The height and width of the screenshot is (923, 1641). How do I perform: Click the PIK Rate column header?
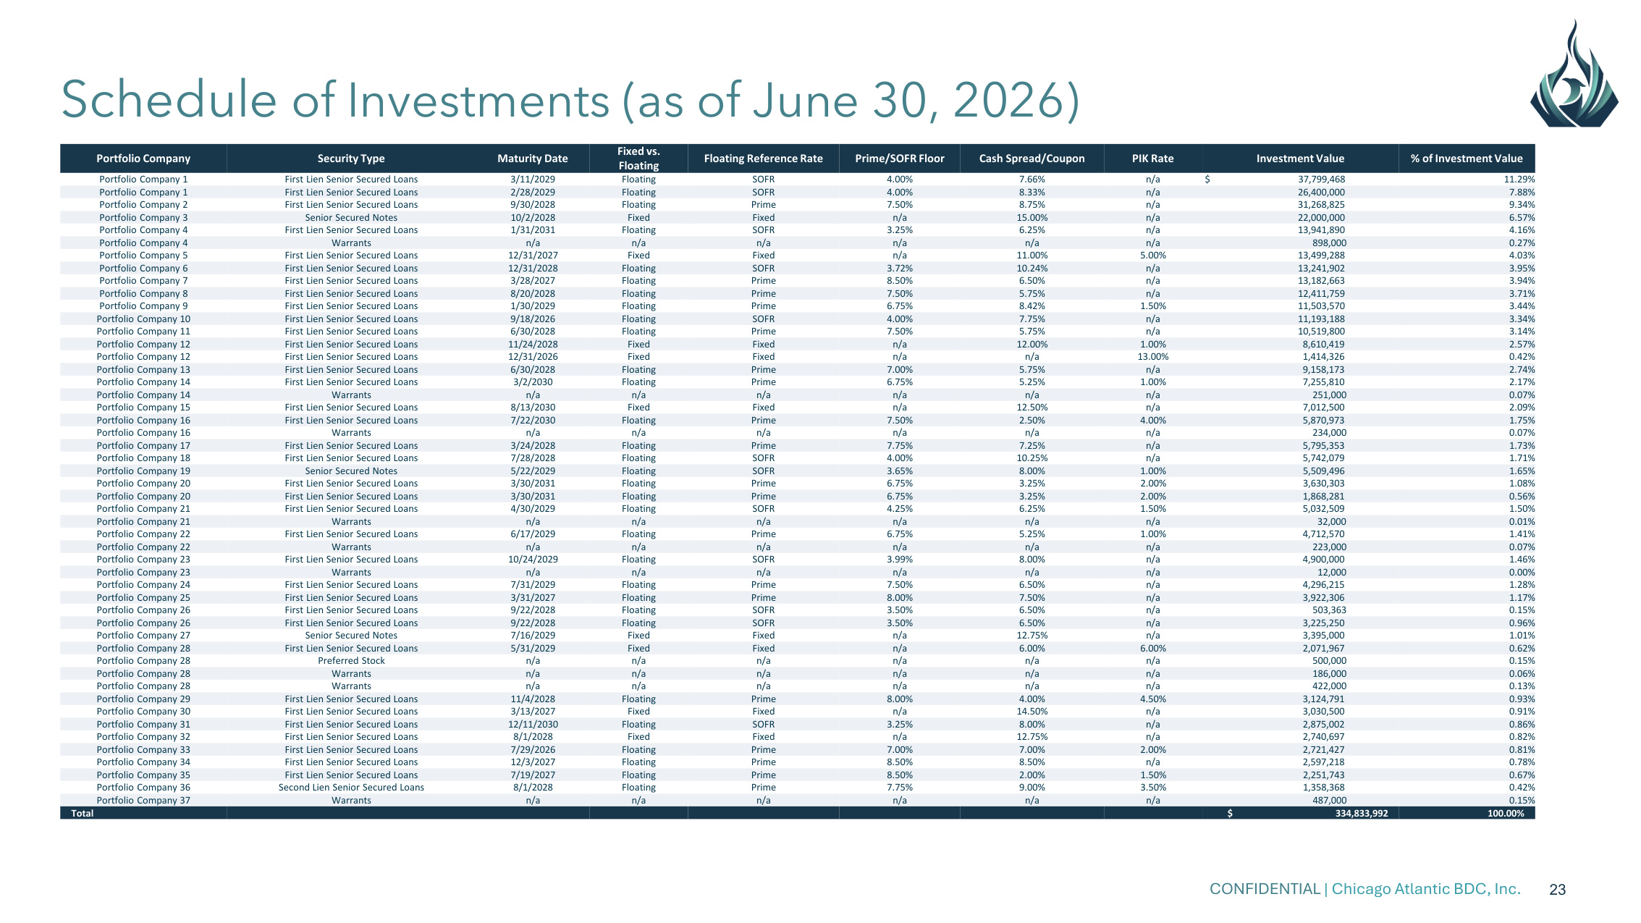1152,159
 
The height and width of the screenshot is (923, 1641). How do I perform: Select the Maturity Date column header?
532,159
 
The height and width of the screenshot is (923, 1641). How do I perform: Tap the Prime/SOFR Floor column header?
899,159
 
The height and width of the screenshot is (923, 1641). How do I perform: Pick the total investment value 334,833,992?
1362,813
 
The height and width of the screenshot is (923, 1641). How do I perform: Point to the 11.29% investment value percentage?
1519,180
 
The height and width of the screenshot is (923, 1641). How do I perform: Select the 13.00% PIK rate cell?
1152,357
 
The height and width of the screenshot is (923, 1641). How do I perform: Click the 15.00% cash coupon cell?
1032,218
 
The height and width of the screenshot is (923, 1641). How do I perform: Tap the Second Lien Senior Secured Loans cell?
351,788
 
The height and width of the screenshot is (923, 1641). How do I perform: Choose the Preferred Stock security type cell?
351,661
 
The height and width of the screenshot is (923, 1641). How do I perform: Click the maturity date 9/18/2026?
532,319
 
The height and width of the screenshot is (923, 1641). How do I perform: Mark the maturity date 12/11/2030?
532,725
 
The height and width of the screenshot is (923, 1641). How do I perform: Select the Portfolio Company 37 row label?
143,801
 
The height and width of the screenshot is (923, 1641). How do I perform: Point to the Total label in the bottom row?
82,813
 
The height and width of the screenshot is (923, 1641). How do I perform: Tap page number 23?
1557,890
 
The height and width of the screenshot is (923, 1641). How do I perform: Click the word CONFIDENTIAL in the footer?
1265,889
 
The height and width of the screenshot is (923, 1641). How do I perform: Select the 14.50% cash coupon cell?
1032,712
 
